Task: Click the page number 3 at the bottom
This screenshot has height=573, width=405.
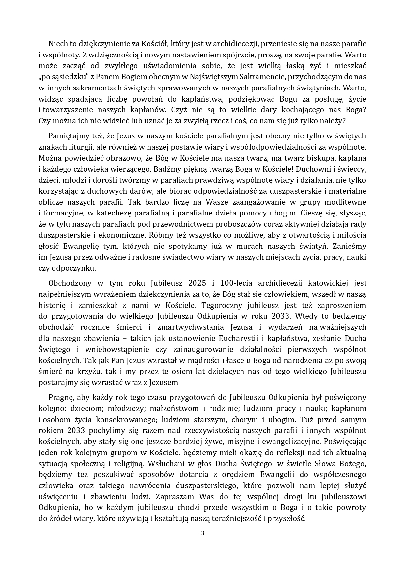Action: [x=202, y=533]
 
